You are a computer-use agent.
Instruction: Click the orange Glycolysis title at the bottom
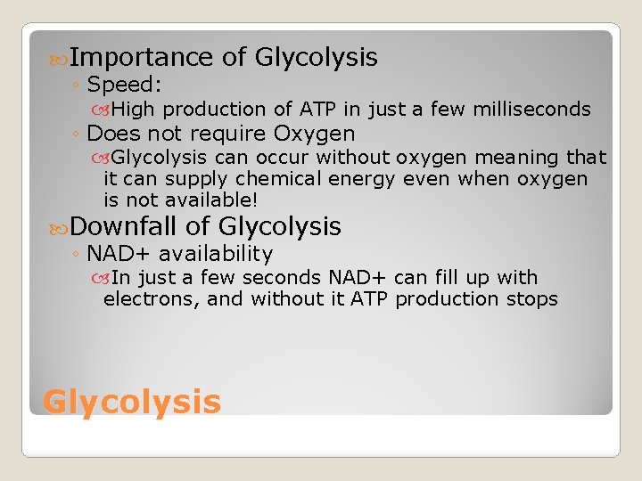tap(131, 402)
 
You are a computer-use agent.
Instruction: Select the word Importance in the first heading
tap(141, 58)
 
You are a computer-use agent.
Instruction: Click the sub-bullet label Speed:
tap(123, 86)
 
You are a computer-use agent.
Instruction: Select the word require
tap(228, 135)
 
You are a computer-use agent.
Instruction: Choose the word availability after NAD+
tap(218, 255)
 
